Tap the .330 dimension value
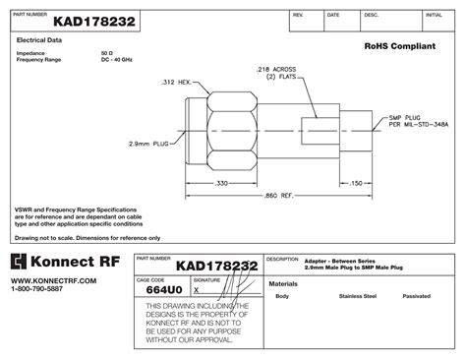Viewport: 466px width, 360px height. click(x=221, y=183)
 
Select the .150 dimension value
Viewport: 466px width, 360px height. click(x=357, y=183)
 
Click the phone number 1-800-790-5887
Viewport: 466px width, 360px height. click(x=37, y=289)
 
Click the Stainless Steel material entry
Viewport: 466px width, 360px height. click(x=358, y=295)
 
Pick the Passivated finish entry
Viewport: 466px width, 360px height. click(x=416, y=295)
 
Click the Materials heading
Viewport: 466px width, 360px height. click(x=283, y=282)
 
